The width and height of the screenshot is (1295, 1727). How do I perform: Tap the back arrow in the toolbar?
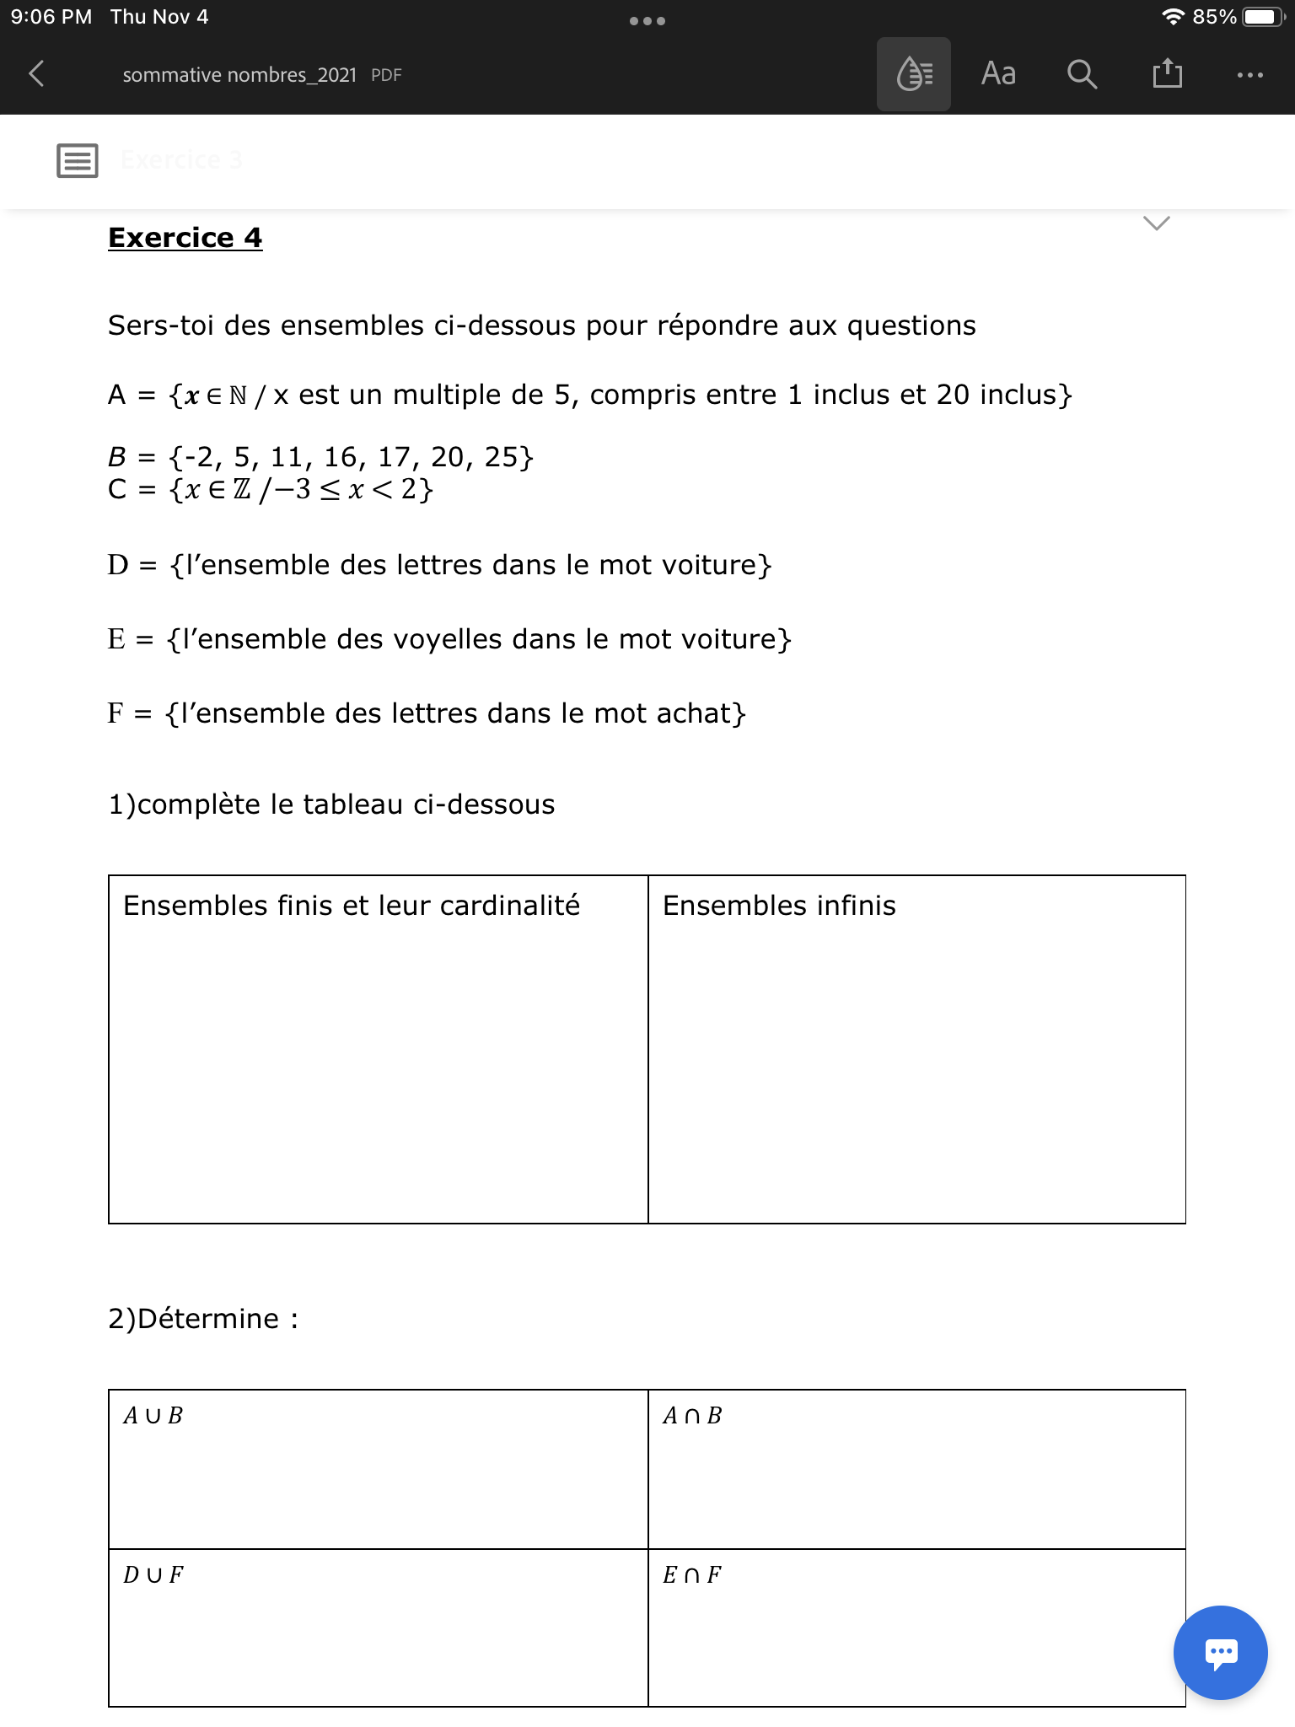click(36, 74)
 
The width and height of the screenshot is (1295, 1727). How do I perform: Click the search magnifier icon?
click(1082, 74)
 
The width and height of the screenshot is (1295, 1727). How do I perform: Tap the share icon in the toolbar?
click(1167, 73)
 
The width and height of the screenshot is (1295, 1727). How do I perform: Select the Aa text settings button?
click(998, 74)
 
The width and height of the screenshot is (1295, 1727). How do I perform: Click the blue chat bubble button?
click(1220, 1652)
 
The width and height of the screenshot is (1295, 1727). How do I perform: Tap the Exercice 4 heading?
click(185, 238)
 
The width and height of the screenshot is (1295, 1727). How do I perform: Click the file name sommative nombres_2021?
click(239, 75)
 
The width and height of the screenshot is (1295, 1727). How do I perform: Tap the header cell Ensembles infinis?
click(779, 906)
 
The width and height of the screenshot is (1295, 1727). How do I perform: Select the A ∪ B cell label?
click(153, 1416)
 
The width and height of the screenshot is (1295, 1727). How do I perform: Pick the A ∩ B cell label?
click(692, 1416)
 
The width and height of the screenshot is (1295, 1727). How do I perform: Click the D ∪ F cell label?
click(153, 1575)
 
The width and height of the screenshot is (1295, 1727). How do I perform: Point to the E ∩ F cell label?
click(692, 1575)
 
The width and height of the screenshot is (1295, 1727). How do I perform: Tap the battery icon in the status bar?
click(1262, 17)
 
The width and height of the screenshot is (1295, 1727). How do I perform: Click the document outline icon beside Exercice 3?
click(78, 160)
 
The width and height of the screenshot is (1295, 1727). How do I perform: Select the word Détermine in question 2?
click(207, 1319)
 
